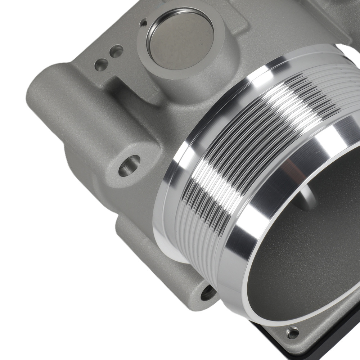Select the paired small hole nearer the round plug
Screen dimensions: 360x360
tap(116, 51)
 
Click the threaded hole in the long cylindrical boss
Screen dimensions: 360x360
tap(129, 166)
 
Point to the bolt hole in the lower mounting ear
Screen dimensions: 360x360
tap(208, 293)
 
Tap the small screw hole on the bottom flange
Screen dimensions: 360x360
tap(292, 332)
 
